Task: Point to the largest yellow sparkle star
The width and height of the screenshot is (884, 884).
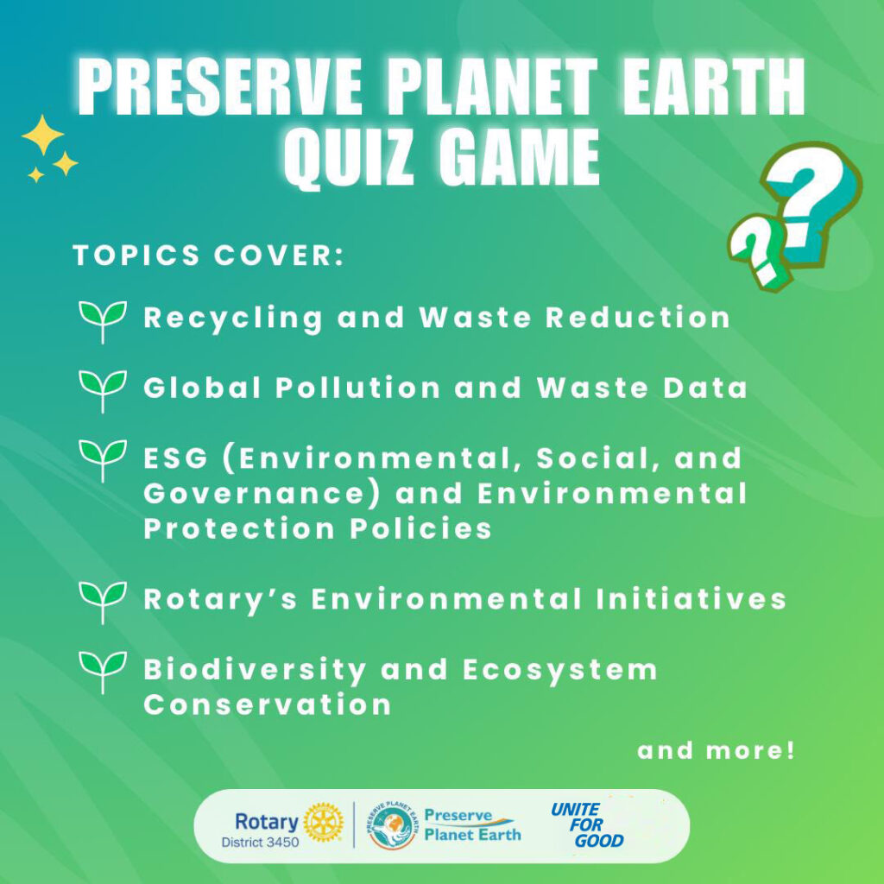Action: (43, 135)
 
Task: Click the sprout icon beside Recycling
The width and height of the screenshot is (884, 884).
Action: (103, 321)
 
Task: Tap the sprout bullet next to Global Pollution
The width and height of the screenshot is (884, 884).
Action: (103, 391)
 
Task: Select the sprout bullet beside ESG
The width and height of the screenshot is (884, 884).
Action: (103, 461)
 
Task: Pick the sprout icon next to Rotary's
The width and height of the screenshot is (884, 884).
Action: (103, 602)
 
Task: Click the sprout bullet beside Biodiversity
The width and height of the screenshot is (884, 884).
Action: (103, 672)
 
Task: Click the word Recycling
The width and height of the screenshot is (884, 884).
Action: (233, 319)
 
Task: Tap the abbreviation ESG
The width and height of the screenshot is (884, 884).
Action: (176, 458)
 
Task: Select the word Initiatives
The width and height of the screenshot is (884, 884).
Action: (691, 599)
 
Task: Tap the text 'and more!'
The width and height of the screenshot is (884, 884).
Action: (716, 750)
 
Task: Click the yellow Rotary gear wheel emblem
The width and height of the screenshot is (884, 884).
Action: (323, 823)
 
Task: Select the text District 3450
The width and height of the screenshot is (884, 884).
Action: (260, 843)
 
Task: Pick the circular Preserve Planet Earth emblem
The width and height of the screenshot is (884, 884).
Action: (391, 826)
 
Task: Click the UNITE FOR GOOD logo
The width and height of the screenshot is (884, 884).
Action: (587, 825)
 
